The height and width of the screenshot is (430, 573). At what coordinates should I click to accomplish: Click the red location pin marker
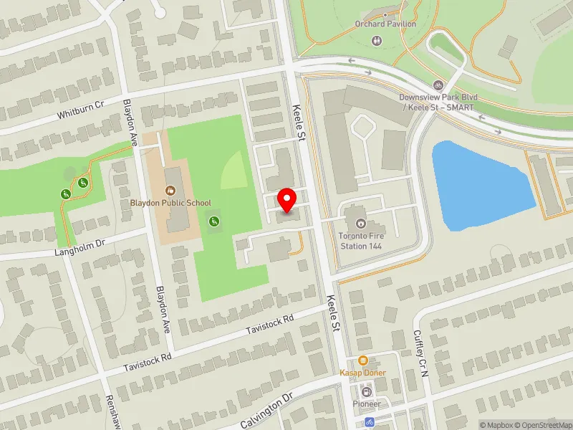tap(287, 200)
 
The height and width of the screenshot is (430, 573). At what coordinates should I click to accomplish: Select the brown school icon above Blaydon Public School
tap(170, 191)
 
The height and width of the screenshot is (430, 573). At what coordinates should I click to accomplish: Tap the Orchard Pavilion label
tap(385, 24)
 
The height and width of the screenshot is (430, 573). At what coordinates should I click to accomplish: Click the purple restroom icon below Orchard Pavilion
tap(377, 39)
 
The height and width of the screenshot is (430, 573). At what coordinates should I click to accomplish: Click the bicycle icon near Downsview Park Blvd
tap(438, 85)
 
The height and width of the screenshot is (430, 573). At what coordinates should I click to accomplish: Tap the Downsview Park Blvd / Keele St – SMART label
tap(438, 102)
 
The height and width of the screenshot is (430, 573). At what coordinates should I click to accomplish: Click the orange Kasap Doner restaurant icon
tap(363, 360)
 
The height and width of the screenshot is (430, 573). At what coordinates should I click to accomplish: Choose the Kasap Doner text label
tap(363, 373)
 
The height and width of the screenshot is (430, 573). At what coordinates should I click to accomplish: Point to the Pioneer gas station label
tap(367, 403)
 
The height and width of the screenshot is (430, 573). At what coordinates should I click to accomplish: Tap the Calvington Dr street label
tap(266, 410)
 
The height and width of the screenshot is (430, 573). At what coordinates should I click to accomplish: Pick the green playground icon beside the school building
tap(213, 222)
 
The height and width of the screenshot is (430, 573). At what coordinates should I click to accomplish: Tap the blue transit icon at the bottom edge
tap(370, 423)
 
